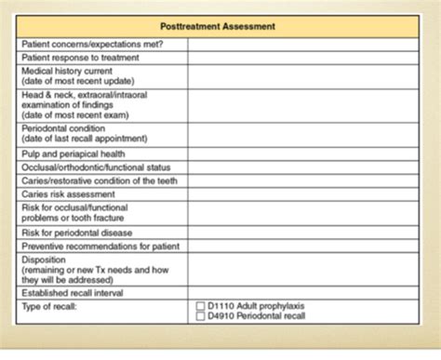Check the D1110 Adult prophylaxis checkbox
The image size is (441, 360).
click(x=200, y=306)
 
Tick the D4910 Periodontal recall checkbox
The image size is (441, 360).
click(x=200, y=316)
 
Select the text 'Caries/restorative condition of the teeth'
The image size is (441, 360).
click(x=98, y=180)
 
